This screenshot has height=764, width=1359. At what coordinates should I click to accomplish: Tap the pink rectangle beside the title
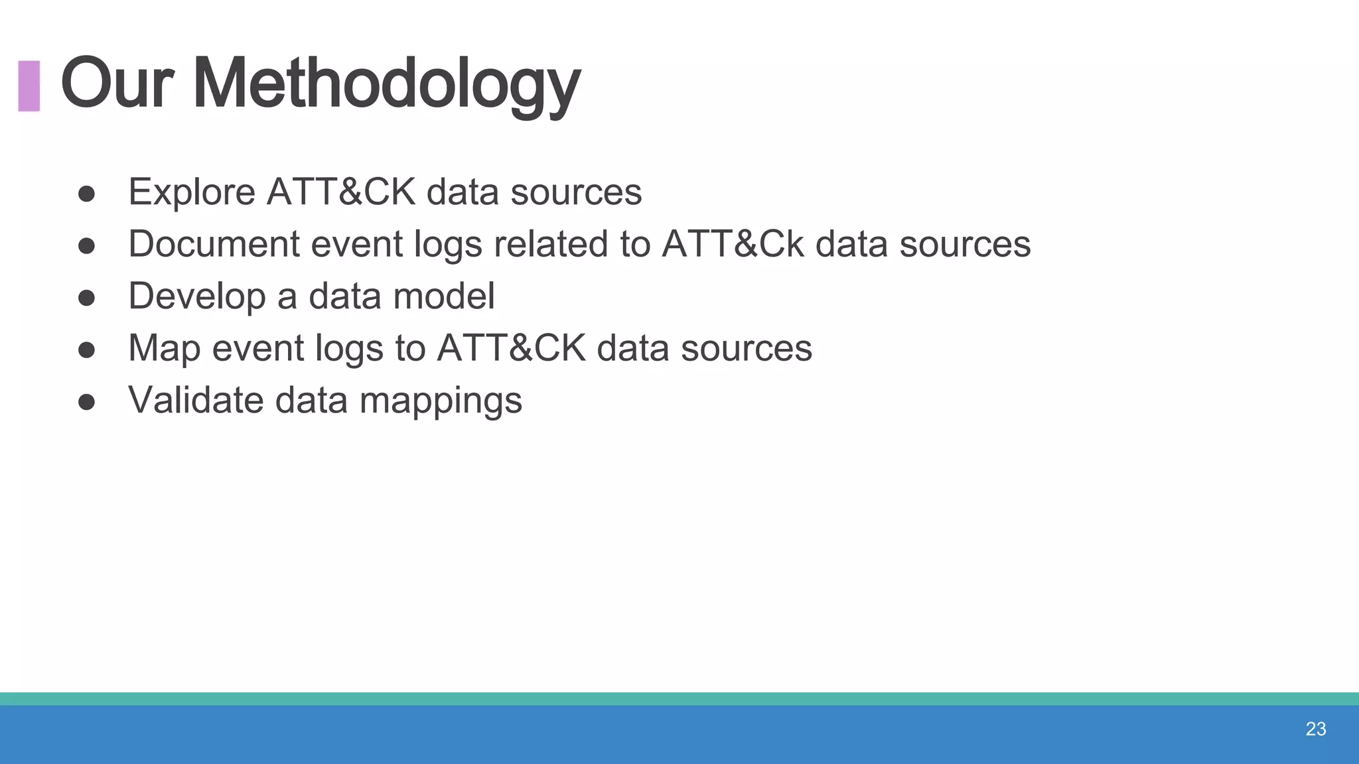[x=29, y=86]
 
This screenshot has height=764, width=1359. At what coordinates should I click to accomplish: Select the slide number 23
[x=1315, y=729]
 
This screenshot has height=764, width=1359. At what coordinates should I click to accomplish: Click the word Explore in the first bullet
[x=192, y=192]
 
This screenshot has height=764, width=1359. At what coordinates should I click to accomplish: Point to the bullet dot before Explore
[x=86, y=194]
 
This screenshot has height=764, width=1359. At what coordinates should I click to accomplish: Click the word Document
[x=214, y=244]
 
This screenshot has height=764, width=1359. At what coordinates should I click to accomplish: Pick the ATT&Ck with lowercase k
[x=733, y=244]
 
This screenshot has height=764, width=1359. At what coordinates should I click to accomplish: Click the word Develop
[x=196, y=296]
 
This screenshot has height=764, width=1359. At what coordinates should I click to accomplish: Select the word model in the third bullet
[x=443, y=296]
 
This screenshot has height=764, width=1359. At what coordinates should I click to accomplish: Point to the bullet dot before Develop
[x=86, y=298]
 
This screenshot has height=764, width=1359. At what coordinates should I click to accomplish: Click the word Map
[x=164, y=349]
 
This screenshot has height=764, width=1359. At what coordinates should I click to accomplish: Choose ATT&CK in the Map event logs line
[x=511, y=348]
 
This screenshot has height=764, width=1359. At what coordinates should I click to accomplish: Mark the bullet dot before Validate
[x=86, y=402]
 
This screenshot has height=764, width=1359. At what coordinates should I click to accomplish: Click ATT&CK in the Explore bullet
[x=340, y=192]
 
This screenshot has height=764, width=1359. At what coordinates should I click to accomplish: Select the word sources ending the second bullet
[x=965, y=244]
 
